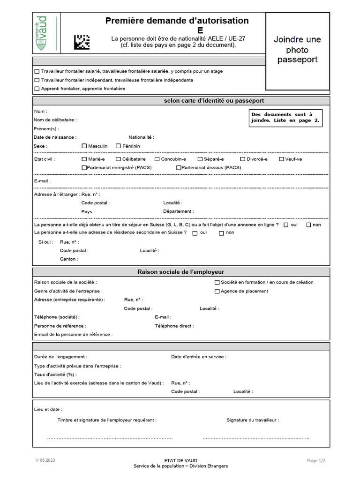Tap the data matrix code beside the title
point(82,42)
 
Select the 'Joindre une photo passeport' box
point(297,49)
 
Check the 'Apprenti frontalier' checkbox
point(37,89)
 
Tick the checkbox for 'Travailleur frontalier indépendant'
point(37,80)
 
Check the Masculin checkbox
point(84,146)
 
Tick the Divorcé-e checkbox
point(243,159)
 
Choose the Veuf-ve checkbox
point(281,159)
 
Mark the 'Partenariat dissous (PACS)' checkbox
point(179,167)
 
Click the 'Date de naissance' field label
point(55,137)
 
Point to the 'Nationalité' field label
point(141,137)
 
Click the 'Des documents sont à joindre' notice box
point(285,118)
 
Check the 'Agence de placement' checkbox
point(217,291)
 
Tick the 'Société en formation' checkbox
point(217,282)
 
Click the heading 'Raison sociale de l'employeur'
point(180,272)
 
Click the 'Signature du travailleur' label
point(252,420)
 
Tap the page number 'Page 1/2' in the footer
point(316,461)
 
